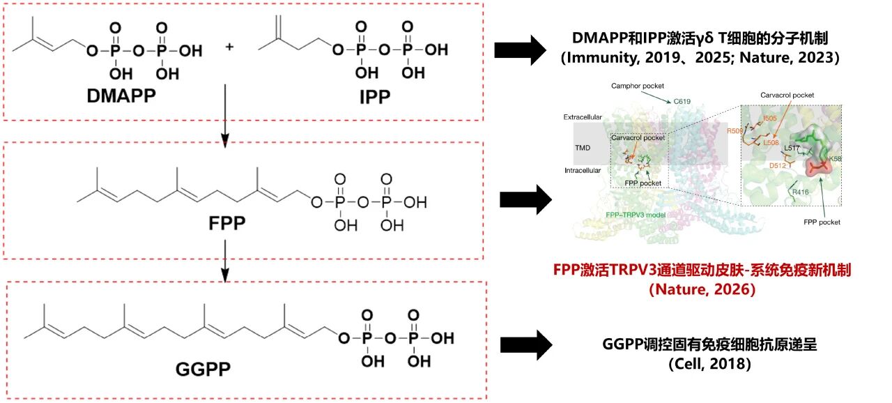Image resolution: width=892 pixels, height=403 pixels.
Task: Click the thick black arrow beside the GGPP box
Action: [527, 344]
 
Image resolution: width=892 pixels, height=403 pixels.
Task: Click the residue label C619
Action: [682, 101]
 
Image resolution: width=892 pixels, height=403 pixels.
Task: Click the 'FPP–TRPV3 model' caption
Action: [635, 215]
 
